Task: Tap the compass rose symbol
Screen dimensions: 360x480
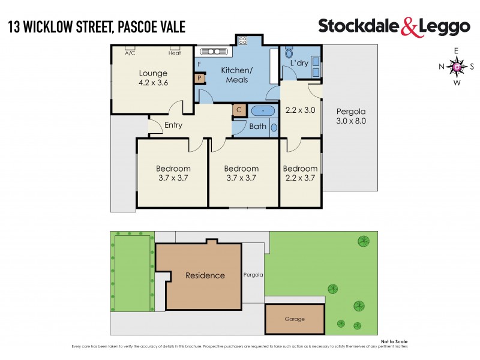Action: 456,67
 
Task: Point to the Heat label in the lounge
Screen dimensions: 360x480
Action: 174,53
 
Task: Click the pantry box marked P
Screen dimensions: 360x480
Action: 199,78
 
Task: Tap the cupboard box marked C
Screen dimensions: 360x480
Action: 238,110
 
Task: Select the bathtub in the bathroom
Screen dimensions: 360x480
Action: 263,110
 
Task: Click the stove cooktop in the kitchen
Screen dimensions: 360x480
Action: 244,41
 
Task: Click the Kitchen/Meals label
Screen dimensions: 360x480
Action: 237,75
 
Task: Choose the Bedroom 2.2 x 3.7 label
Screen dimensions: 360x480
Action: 300,173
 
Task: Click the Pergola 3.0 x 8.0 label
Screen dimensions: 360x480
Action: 350,116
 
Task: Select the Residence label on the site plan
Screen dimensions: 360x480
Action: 205,275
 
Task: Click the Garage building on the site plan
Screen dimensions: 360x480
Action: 295,319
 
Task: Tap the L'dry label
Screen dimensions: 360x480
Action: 299,63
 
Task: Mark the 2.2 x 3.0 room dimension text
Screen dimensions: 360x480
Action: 299,110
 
